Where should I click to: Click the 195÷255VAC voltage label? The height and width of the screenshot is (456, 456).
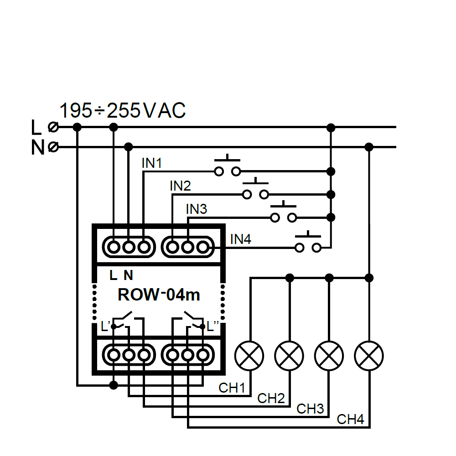pyautogui.click(x=123, y=111)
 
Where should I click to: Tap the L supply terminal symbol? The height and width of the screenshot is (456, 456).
pyautogui.click(x=53, y=127)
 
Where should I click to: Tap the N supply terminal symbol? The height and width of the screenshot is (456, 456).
pyautogui.click(x=53, y=147)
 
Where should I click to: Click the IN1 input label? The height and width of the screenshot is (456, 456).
pyautogui.click(x=152, y=163)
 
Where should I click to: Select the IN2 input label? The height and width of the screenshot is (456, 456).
pyautogui.click(x=180, y=186)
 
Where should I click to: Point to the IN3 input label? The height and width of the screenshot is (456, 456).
pyautogui.click(x=197, y=209)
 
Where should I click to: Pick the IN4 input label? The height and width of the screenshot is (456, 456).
pyautogui.click(x=240, y=239)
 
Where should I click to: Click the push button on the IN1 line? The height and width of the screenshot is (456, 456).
pyautogui.click(x=228, y=167)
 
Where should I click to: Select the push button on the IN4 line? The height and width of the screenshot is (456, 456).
pyautogui.click(x=308, y=243)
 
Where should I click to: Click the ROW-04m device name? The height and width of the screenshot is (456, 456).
pyautogui.click(x=159, y=295)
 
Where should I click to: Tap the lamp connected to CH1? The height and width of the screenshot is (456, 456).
pyautogui.click(x=249, y=355)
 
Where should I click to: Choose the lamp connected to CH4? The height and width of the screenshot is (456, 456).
pyautogui.click(x=369, y=355)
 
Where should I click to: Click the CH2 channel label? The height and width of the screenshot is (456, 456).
pyautogui.click(x=271, y=398)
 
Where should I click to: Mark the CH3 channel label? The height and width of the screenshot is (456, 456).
pyautogui.click(x=310, y=409)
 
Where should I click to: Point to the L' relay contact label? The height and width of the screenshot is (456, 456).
pyautogui.click(x=105, y=326)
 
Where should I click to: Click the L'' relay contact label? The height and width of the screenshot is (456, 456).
pyautogui.click(x=213, y=326)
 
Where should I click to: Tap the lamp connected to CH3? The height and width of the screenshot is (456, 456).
pyautogui.click(x=329, y=355)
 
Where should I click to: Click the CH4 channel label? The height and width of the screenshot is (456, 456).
pyautogui.click(x=350, y=420)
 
